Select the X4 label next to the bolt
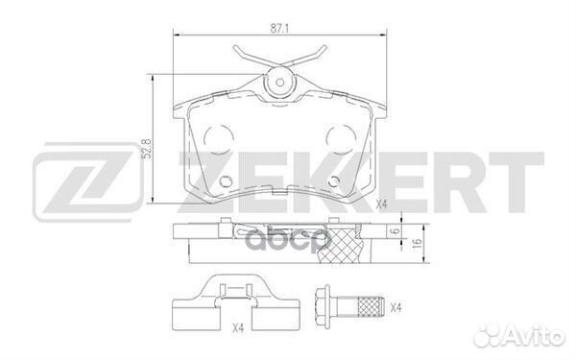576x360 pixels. point(394,306)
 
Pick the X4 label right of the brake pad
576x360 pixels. point(381,204)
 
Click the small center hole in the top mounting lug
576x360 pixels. point(281,83)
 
